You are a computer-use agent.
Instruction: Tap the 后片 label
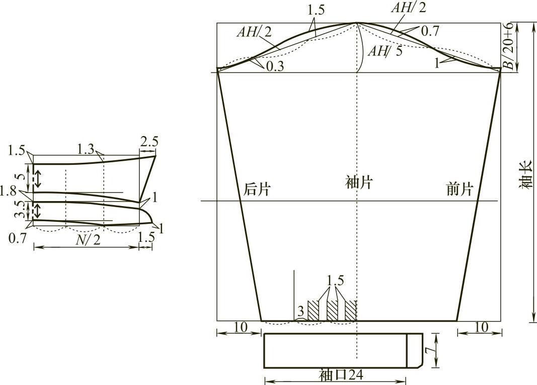[x=257, y=189]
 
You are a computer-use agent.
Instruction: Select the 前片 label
[x=459, y=189]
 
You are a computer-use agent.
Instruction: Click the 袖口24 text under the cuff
[x=341, y=375]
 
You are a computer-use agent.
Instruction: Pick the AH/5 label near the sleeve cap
[x=385, y=51]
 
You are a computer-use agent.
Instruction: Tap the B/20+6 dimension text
[x=510, y=46]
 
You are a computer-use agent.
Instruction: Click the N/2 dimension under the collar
[x=88, y=240]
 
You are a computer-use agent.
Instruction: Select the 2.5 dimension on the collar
[x=149, y=141]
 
